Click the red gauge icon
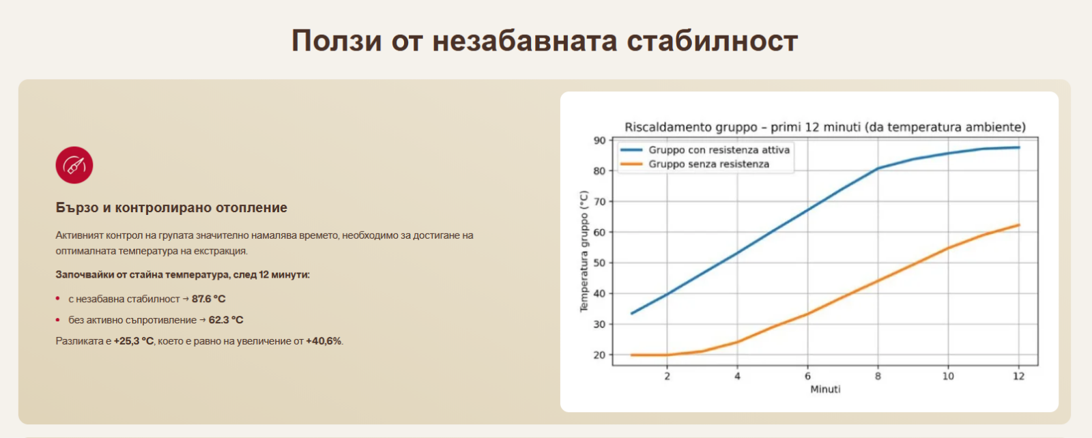(x=74, y=165)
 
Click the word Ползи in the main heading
(x=337, y=40)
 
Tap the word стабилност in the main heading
(x=713, y=40)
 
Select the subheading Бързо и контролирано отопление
(x=171, y=207)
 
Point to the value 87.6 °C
(x=209, y=299)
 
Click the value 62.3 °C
(x=226, y=320)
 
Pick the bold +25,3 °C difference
(x=134, y=341)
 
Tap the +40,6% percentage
(x=324, y=341)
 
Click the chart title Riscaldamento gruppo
(x=825, y=127)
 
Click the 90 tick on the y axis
(x=599, y=141)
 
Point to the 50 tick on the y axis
(x=599, y=263)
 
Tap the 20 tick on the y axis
(x=599, y=355)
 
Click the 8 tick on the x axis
(x=878, y=376)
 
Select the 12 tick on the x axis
(x=1018, y=376)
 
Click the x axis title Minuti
(x=825, y=390)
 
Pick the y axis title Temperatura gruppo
(x=584, y=251)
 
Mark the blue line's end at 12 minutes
(x=1019, y=147)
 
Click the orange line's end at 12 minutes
(x=1019, y=225)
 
